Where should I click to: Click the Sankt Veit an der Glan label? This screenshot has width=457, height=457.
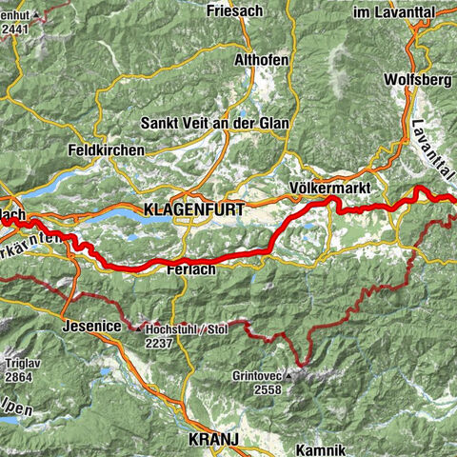[x=213, y=124]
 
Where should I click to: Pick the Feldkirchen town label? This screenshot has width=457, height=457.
[x=107, y=150]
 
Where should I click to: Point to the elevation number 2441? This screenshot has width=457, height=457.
[x=15, y=30]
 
